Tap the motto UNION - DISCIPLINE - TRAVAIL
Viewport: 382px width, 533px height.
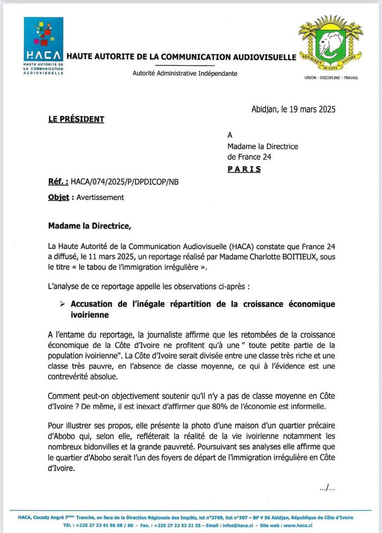[331, 78]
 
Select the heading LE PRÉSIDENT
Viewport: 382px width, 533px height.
[76, 119]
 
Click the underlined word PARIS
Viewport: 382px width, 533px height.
[244, 169]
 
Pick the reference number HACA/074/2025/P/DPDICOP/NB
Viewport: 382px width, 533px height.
[125, 182]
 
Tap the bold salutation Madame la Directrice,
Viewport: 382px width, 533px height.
[90, 226]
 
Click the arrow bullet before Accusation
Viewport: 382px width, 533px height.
[63, 304]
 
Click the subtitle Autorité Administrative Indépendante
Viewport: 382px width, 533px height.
[185, 73]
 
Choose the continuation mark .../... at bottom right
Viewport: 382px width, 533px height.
[327, 488]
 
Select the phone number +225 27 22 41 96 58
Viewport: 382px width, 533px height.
[97, 525]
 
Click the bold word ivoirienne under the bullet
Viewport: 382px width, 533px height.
[90, 315]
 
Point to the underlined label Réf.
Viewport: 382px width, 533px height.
[58, 182]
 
